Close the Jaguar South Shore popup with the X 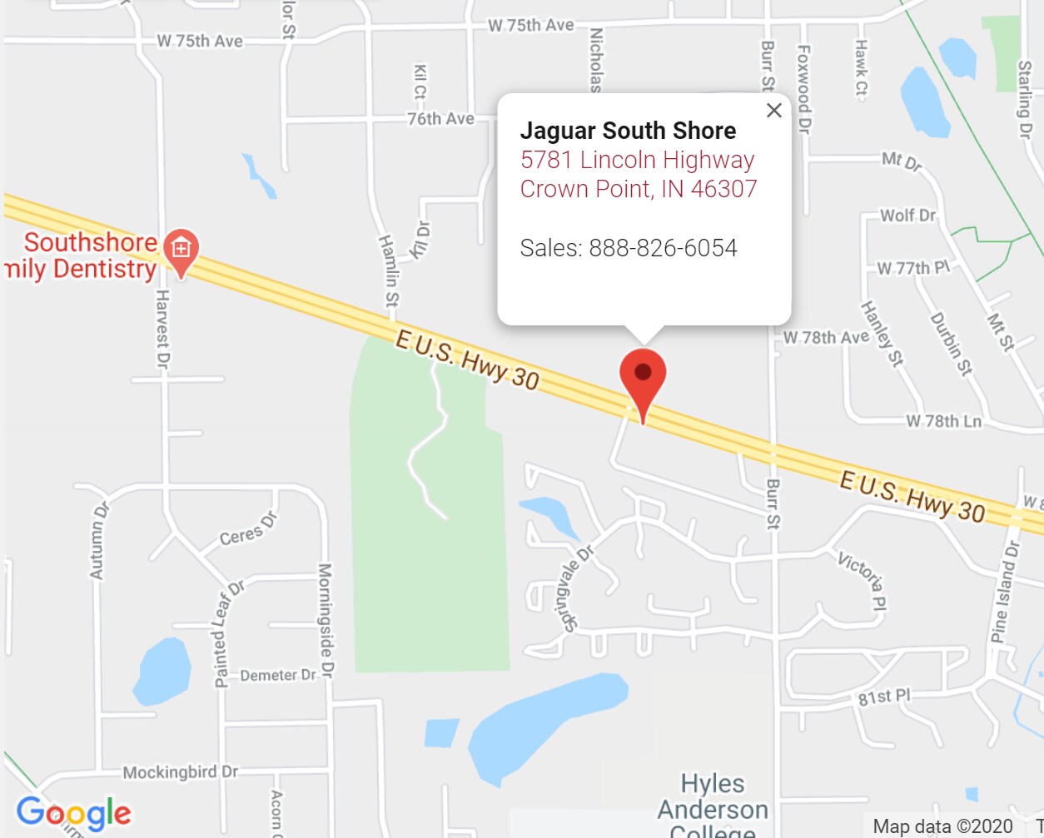pyautogui.click(x=773, y=110)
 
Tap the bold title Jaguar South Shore pyautogui.click(x=628, y=131)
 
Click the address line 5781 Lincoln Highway pyautogui.click(x=637, y=160)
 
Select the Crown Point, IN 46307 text pyautogui.click(x=639, y=189)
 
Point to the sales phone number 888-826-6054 pyautogui.click(x=663, y=248)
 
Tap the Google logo pyautogui.click(x=73, y=813)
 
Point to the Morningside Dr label pyautogui.click(x=326, y=620)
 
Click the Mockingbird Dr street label pyautogui.click(x=181, y=772)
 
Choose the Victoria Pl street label pyautogui.click(x=863, y=580)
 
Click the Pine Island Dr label pyautogui.click(x=1005, y=591)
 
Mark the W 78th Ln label pyautogui.click(x=943, y=421)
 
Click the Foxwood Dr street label pyautogui.click(x=803, y=89)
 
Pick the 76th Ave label pyautogui.click(x=440, y=119)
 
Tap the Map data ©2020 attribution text pyautogui.click(x=942, y=826)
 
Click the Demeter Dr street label pyautogui.click(x=278, y=675)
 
